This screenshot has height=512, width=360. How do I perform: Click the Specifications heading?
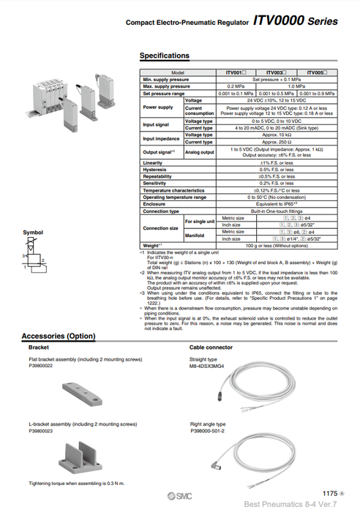pyautogui.click(x=164, y=56)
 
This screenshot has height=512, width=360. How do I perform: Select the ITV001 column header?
pyautogui.click(x=236, y=73)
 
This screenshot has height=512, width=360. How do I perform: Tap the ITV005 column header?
pyautogui.click(x=318, y=73)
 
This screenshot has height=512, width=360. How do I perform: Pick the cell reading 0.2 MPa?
pyautogui.click(x=236, y=86)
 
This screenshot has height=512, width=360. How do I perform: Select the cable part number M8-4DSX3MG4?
pyautogui.click(x=209, y=366)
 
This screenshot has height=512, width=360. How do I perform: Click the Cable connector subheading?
pyautogui.click(x=212, y=347)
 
